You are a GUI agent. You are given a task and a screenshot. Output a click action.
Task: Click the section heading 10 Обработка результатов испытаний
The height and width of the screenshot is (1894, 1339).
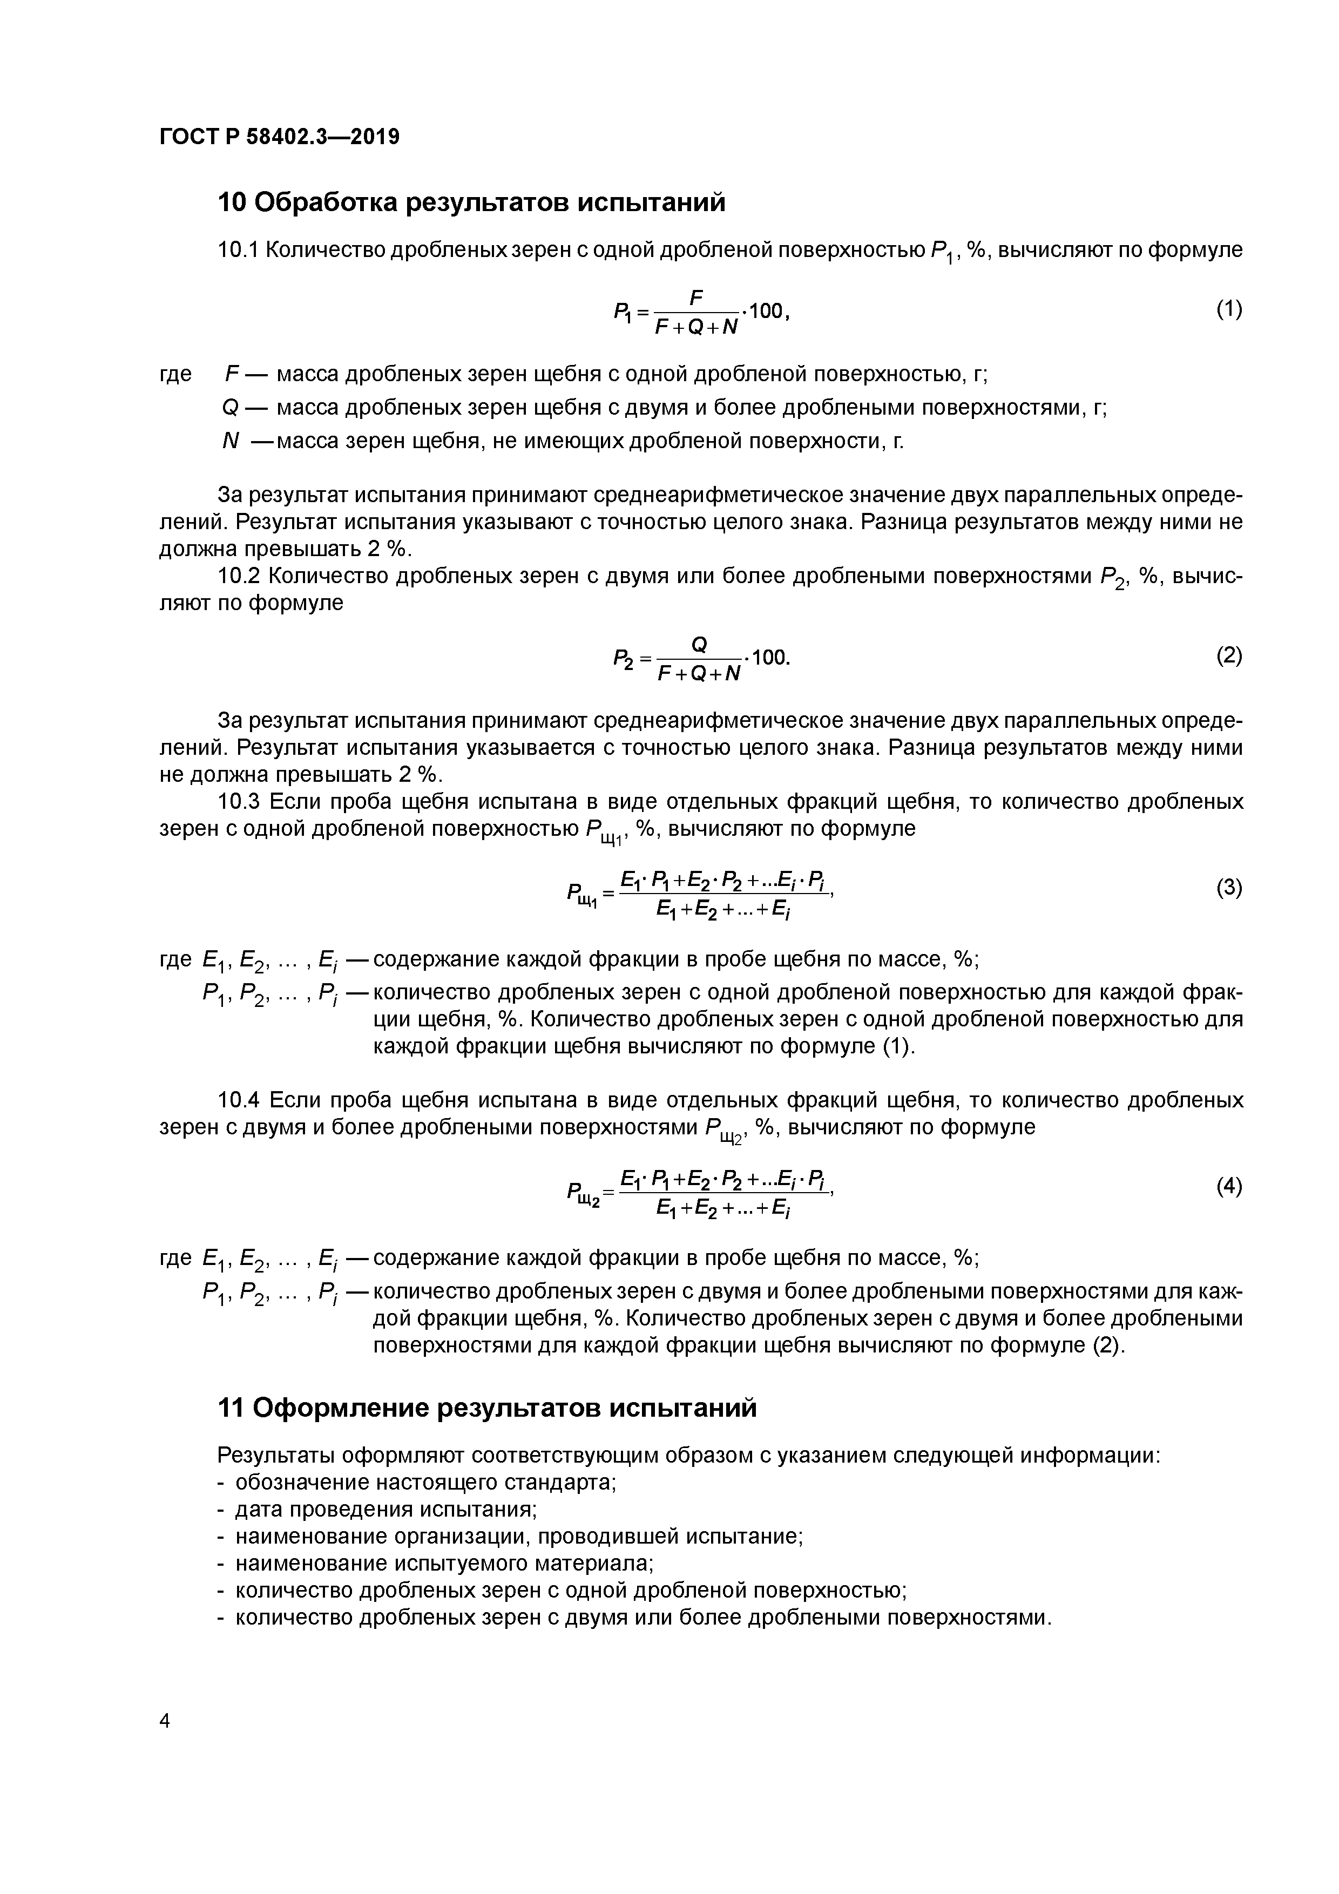471,202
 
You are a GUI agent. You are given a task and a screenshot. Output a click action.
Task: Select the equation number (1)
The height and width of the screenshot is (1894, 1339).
1228,309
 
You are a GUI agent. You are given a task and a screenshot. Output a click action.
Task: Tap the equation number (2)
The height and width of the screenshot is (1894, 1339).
1228,656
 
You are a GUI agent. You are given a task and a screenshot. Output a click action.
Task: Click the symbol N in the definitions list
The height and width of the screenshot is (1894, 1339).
230,442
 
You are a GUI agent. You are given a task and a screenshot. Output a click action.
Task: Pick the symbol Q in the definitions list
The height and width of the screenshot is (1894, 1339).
230,408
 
